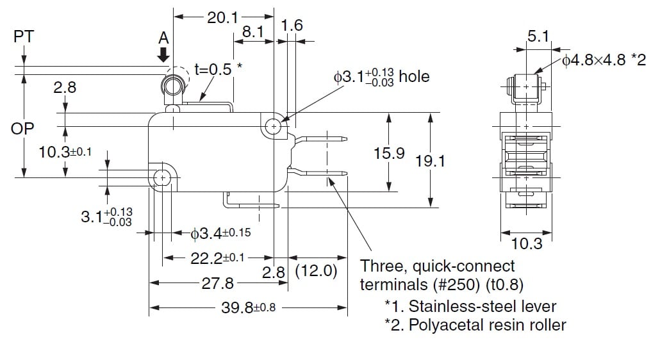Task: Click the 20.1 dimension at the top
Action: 222,18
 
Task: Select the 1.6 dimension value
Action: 292,26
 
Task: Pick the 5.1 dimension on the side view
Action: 538,37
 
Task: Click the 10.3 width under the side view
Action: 527,243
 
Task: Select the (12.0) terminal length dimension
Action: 317,271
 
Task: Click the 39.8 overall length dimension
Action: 248,307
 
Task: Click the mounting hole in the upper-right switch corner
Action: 274,126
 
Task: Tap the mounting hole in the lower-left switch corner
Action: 163,177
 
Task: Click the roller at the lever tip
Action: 172,86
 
